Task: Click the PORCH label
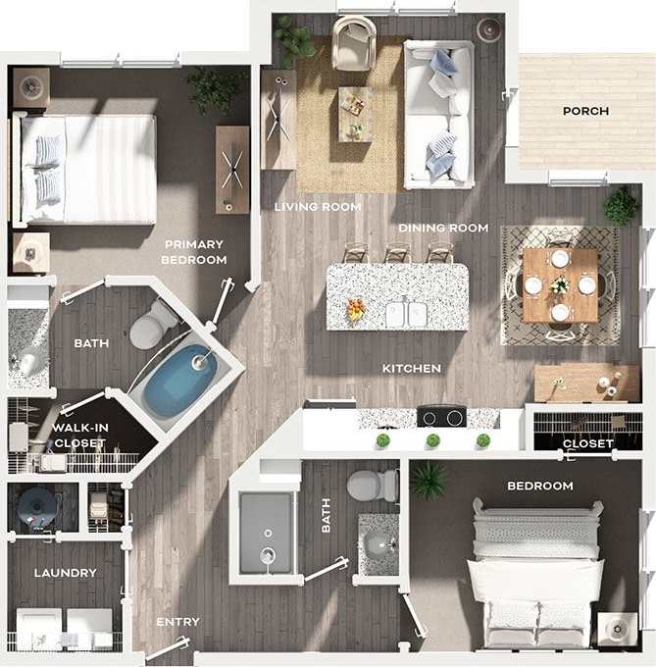(x=585, y=111)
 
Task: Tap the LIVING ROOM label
(x=318, y=207)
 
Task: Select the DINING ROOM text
(x=443, y=228)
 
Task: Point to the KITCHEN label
(x=412, y=368)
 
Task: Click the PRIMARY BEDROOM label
(x=194, y=252)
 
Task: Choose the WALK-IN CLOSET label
(x=80, y=435)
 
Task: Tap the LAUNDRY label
(x=66, y=573)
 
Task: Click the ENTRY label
(x=177, y=622)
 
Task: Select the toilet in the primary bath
(x=151, y=326)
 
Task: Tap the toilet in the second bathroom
(x=373, y=485)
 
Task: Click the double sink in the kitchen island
(x=406, y=313)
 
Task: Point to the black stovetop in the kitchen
(x=440, y=416)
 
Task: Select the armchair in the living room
(x=353, y=43)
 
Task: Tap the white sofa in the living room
(x=438, y=114)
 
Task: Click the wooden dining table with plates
(x=560, y=284)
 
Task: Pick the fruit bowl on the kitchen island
(x=356, y=310)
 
